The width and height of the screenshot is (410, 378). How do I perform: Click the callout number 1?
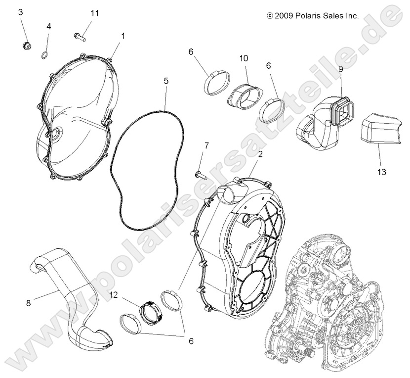pyautogui.click(x=123, y=36)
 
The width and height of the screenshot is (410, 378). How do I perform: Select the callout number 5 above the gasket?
pyautogui.click(x=166, y=80)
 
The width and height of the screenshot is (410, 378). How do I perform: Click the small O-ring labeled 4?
pyautogui.click(x=44, y=54)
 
